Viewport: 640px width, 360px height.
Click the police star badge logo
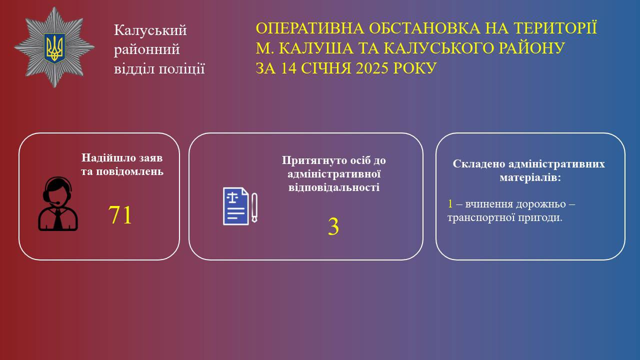(54, 47)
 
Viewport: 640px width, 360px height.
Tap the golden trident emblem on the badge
(54, 48)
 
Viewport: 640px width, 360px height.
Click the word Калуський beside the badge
(150, 30)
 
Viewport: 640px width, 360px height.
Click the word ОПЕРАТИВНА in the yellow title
(310, 28)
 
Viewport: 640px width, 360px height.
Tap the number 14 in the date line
(288, 68)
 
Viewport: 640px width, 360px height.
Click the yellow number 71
(120, 215)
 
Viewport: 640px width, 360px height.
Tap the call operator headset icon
(58, 203)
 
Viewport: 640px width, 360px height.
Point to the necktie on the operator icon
(58, 219)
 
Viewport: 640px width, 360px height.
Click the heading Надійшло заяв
(122, 157)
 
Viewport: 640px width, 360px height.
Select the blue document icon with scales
(235, 206)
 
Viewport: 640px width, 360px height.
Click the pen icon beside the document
(254, 207)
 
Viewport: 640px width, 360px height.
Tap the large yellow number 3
(333, 226)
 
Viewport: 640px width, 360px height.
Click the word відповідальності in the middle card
(334, 187)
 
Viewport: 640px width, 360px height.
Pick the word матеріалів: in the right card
(530, 177)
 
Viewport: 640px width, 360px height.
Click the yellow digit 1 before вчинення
(450, 204)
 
